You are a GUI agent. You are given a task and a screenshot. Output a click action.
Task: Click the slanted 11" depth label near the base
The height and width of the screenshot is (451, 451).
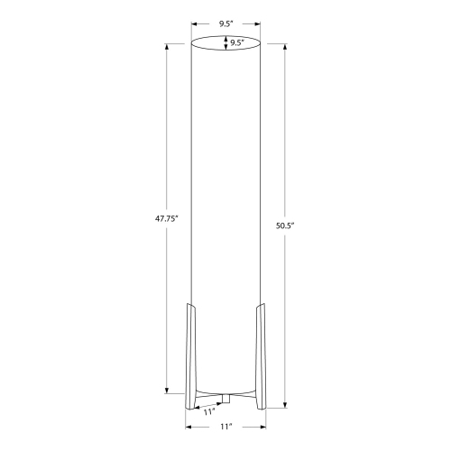point(208,411)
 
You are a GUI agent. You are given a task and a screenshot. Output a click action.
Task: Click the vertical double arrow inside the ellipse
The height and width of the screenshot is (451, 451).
point(225,42)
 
